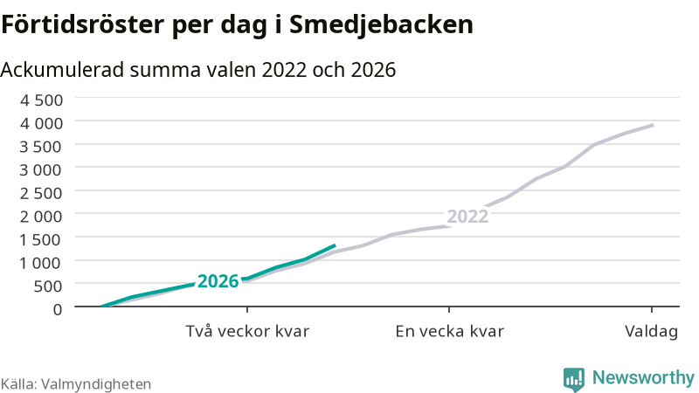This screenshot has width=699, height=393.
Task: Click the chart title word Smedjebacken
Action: tap(381, 25)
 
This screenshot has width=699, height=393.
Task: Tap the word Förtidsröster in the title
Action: tap(83, 24)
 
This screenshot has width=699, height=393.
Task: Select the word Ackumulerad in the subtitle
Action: tap(62, 70)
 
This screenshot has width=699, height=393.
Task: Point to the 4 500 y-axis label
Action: tap(41, 100)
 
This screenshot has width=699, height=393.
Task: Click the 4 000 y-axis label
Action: tap(41, 123)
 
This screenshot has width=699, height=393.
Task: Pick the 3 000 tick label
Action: tap(41, 169)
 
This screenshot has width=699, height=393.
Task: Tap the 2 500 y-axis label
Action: tap(41, 193)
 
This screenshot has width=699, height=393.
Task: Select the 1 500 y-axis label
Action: tap(41, 239)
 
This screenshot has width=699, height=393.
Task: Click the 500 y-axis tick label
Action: tap(48, 286)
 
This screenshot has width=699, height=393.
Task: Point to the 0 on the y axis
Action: tap(58, 309)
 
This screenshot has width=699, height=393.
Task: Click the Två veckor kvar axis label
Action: tap(247, 332)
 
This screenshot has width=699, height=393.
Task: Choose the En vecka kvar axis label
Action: tap(449, 332)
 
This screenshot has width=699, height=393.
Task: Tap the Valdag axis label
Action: tap(651, 332)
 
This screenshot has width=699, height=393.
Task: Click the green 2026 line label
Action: tap(218, 281)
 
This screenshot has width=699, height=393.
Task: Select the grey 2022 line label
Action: tap(467, 217)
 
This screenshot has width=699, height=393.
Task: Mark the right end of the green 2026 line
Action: tap(335, 245)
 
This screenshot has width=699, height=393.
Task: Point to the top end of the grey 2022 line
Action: tap(653, 125)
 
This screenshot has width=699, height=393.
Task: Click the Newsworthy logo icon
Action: tap(574, 379)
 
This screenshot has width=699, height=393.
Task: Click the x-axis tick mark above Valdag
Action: tap(652, 310)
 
